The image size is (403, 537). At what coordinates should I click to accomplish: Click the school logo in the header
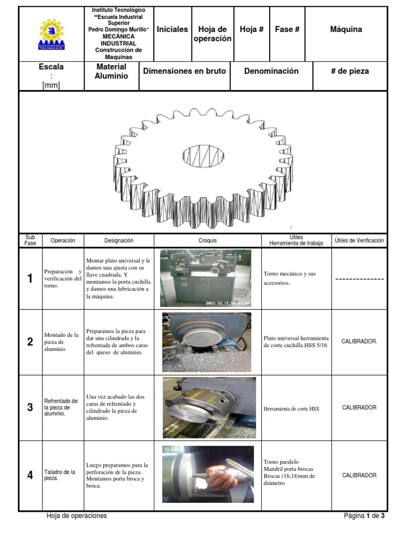(51, 35)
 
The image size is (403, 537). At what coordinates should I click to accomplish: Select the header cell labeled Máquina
(346, 29)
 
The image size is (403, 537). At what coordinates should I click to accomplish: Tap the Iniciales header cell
(172, 29)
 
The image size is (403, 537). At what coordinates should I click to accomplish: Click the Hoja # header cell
(251, 29)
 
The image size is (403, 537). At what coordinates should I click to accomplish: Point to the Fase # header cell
(287, 29)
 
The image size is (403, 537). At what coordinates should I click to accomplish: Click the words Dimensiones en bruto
(184, 71)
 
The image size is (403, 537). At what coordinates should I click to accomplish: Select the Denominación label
(271, 71)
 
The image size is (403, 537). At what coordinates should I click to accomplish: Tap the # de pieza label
(349, 71)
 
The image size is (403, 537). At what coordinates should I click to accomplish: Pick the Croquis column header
(208, 241)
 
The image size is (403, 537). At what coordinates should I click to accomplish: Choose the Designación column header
(119, 241)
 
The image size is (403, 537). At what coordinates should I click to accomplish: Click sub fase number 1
(30, 278)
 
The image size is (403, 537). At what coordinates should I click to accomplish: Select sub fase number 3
(30, 407)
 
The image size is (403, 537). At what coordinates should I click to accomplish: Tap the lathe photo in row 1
(206, 278)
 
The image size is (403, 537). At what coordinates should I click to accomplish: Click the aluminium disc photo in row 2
(206, 342)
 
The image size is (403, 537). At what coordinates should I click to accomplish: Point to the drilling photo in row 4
(208, 475)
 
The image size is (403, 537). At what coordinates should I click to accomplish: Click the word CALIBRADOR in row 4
(359, 476)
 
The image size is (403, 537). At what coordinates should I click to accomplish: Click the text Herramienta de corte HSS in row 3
(291, 409)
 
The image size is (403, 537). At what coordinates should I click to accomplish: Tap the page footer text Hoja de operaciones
(77, 516)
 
